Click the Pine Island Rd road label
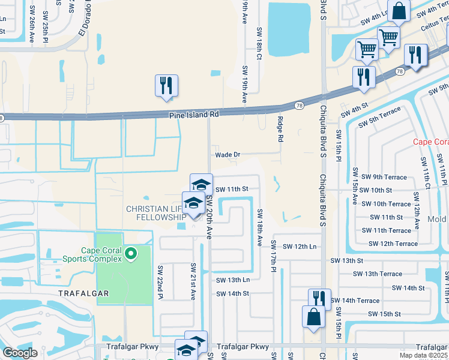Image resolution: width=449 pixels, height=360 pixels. point(194,114)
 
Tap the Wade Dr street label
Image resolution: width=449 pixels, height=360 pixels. point(228,154)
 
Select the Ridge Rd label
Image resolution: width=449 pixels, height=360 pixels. point(280,129)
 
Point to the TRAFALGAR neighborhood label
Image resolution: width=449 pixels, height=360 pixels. point(84,292)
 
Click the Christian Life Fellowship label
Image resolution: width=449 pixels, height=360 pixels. point(153,212)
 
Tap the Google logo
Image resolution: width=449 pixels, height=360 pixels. point(20,353)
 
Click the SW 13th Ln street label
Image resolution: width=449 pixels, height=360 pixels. point(232,280)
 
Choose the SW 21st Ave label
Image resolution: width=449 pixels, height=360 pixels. point(193,281)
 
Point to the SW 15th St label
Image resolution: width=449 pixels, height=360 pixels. point(385,314)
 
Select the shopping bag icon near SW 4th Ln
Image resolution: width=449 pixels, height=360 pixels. point(399,11)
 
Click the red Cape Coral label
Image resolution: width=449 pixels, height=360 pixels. point(431,142)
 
